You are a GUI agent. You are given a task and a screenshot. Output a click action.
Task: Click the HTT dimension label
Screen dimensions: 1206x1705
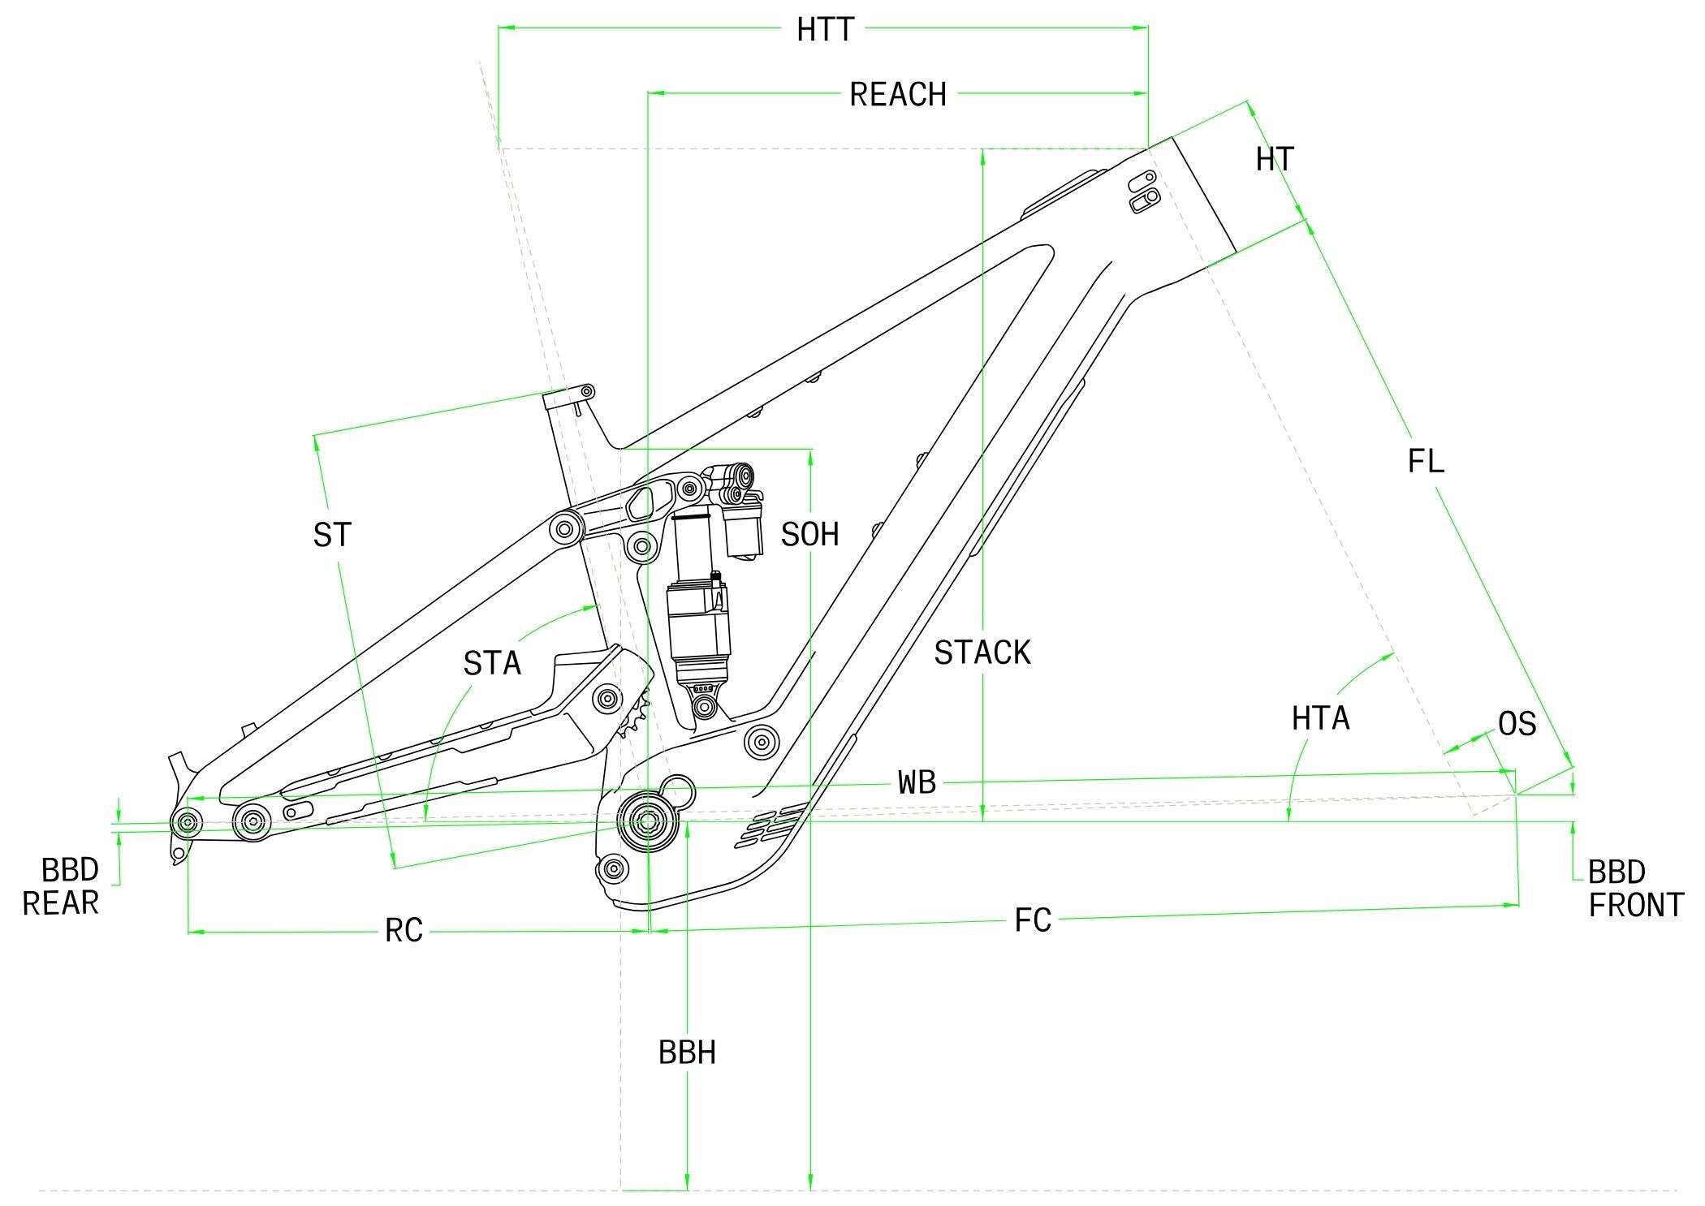coord(825,30)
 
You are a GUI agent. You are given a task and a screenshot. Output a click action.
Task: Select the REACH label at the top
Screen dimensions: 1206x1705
coord(897,95)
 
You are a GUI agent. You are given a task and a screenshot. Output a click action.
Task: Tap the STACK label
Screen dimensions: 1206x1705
coord(982,653)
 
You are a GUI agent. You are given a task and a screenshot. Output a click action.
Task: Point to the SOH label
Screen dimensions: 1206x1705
coord(809,535)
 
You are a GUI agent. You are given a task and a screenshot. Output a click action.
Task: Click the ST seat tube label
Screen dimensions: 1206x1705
coord(332,536)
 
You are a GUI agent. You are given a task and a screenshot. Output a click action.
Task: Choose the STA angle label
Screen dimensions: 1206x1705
coord(492,664)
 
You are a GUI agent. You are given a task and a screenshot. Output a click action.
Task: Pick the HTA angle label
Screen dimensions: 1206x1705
coord(1320,718)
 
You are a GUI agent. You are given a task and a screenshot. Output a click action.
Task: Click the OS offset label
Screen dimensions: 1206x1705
coord(1517,724)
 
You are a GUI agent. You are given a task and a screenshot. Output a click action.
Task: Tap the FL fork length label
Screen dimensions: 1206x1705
coord(1426,462)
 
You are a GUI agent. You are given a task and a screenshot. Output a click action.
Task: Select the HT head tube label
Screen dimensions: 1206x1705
coord(1275,160)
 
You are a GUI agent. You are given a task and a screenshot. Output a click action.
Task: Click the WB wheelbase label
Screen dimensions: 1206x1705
coord(917,782)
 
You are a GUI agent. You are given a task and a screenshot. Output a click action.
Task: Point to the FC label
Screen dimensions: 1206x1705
coord(1033,920)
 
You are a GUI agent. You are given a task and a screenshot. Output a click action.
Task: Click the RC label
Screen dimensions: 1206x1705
coord(404,931)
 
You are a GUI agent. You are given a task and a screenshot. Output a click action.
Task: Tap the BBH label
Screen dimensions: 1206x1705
coord(687,1053)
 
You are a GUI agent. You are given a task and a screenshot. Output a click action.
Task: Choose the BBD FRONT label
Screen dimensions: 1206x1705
coord(1634,889)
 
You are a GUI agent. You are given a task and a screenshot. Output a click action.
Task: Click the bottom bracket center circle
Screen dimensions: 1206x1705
coord(647,821)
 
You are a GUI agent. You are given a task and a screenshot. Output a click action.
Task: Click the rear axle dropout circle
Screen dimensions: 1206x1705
coord(188,823)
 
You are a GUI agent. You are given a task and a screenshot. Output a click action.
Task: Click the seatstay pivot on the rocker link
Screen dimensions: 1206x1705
coord(566,531)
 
